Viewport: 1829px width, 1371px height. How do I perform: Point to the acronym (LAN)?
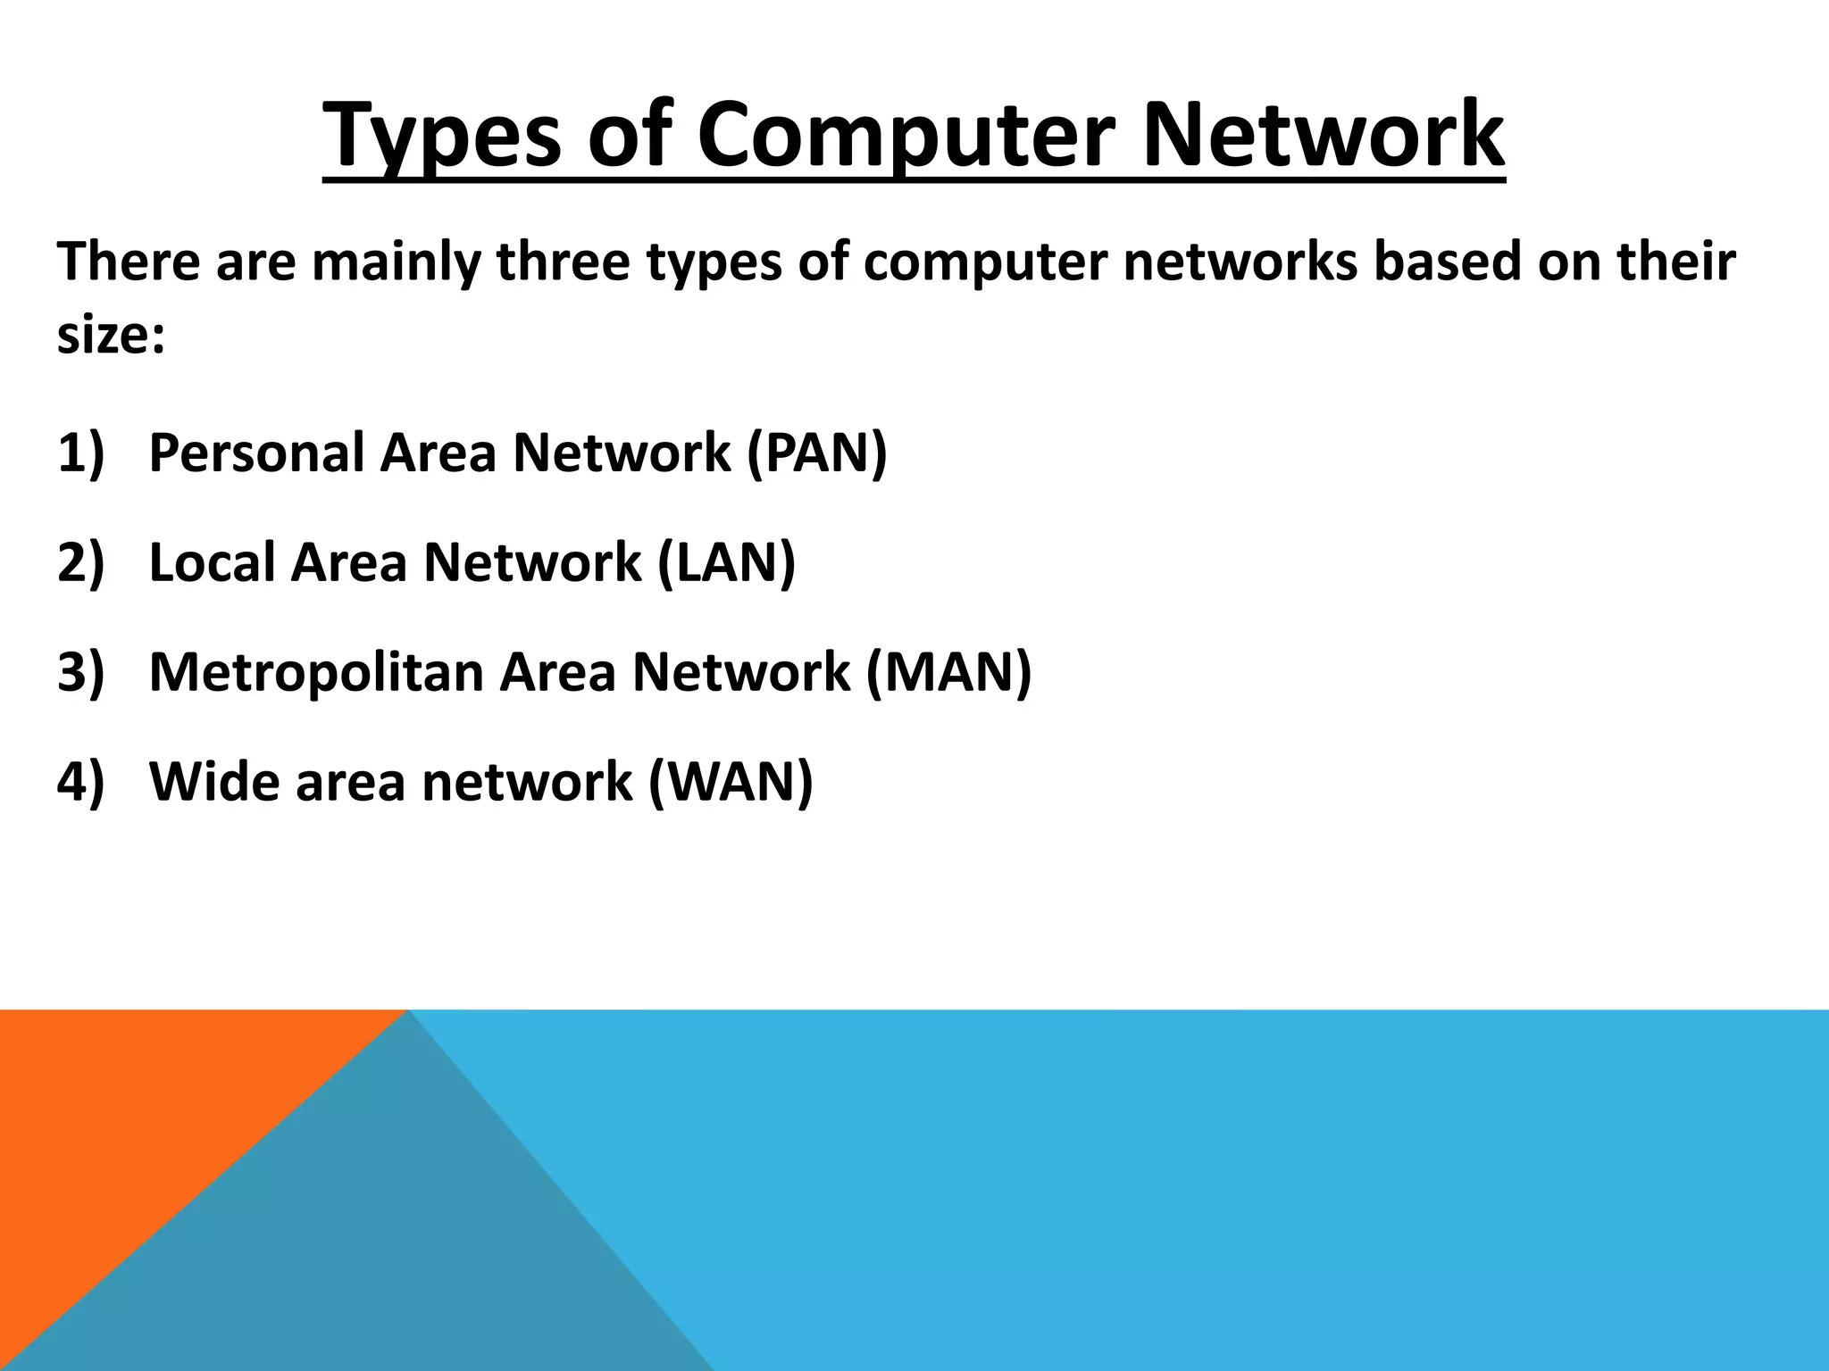[725, 562]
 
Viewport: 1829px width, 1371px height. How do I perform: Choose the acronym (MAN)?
[948, 671]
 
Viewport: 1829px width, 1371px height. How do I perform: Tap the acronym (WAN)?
[731, 782]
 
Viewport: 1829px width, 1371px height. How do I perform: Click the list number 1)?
[80, 453]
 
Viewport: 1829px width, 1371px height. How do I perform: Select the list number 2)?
[80, 562]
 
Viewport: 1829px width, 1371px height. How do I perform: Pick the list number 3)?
[80, 671]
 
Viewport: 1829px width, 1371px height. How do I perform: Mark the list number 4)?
[80, 782]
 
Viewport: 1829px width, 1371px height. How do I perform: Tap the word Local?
[212, 562]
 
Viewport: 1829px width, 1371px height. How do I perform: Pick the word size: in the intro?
[111, 337]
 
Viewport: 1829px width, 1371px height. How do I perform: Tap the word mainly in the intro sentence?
[396, 264]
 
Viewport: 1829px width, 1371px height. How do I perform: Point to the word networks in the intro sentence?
[1240, 262]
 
